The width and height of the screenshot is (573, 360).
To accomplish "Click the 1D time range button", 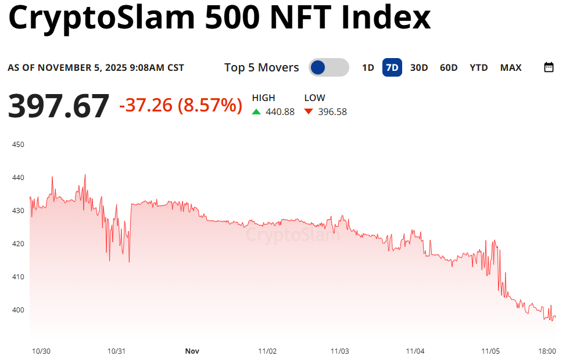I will tap(368, 68).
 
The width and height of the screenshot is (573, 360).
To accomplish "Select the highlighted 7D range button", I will tap(392, 68).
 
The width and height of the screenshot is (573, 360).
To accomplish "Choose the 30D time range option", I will tap(419, 68).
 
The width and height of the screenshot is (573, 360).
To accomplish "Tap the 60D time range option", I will tap(449, 68).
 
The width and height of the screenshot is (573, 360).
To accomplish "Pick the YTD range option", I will tap(479, 68).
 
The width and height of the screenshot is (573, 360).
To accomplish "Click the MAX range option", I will tap(511, 68).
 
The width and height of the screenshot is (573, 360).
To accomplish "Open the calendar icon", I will tap(549, 67).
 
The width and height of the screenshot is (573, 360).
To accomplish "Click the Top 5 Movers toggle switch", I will tap(328, 68).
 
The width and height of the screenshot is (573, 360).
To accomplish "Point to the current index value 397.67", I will tap(58, 106).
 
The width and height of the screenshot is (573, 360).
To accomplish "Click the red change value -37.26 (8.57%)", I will tap(180, 105).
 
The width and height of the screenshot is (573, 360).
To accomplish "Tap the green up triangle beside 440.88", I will tap(256, 111).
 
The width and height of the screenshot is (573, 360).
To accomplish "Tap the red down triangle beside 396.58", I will tap(309, 111).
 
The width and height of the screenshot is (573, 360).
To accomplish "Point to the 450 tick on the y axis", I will tap(18, 144).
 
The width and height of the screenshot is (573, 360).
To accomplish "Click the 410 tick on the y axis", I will tap(18, 276).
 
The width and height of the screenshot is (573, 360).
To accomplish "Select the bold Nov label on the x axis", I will tap(192, 351).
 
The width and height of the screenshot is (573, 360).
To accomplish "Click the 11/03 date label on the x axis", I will tap(339, 351).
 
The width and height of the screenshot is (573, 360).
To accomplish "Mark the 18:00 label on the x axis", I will tap(547, 351).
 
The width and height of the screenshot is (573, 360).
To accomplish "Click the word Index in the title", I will tap(385, 19).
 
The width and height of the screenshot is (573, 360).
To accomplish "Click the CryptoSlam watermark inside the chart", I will tap(292, 235).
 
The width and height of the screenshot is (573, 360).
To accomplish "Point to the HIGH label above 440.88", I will tap(263, 98).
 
